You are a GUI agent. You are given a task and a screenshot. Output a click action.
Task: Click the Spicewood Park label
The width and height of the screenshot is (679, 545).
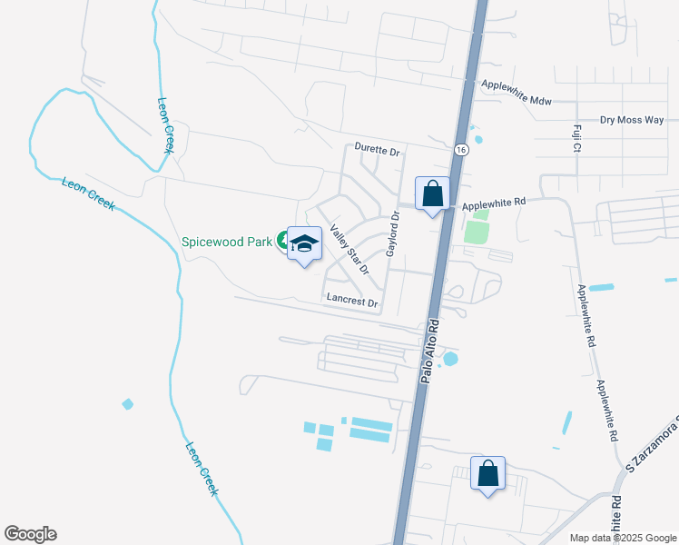pyautogui.click(x=227, y=242)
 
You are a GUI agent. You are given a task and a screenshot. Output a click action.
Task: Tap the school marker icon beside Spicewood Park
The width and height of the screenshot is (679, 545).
pyautogui.click(x=305, y=243)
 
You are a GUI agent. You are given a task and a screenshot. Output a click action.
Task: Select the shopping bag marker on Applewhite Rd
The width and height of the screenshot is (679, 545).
pyautogui.click(x=433, y=193)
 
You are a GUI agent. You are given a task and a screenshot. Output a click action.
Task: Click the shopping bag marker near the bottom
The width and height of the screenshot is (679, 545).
pyautogui.click(x=487, y=473)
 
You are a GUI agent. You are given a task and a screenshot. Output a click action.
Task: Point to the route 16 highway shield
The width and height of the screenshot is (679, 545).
pyautogui.click(x=461, y=149)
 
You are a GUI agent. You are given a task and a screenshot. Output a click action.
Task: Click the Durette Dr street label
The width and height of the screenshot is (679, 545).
pyautogui.click(x=377, y=151)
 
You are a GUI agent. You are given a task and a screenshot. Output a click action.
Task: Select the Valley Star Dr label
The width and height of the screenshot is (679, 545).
pyautogui.click(x=349, y=249)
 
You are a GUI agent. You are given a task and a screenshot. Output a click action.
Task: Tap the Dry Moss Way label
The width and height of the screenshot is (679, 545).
pyautogui.click(x=632, y=120)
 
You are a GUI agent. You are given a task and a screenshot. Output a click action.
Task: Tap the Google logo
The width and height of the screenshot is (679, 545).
pyautogui.click(x=30, y=534)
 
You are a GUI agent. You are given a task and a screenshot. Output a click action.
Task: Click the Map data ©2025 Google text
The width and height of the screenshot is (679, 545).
pyautogui.click(x=622, y=538)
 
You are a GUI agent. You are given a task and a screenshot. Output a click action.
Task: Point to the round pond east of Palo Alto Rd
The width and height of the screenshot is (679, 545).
pyautogui.click(x=450, y=359)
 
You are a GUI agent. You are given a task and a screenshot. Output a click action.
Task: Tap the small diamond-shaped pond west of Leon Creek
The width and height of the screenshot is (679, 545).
pyautogui.click(x=127, y=403)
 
